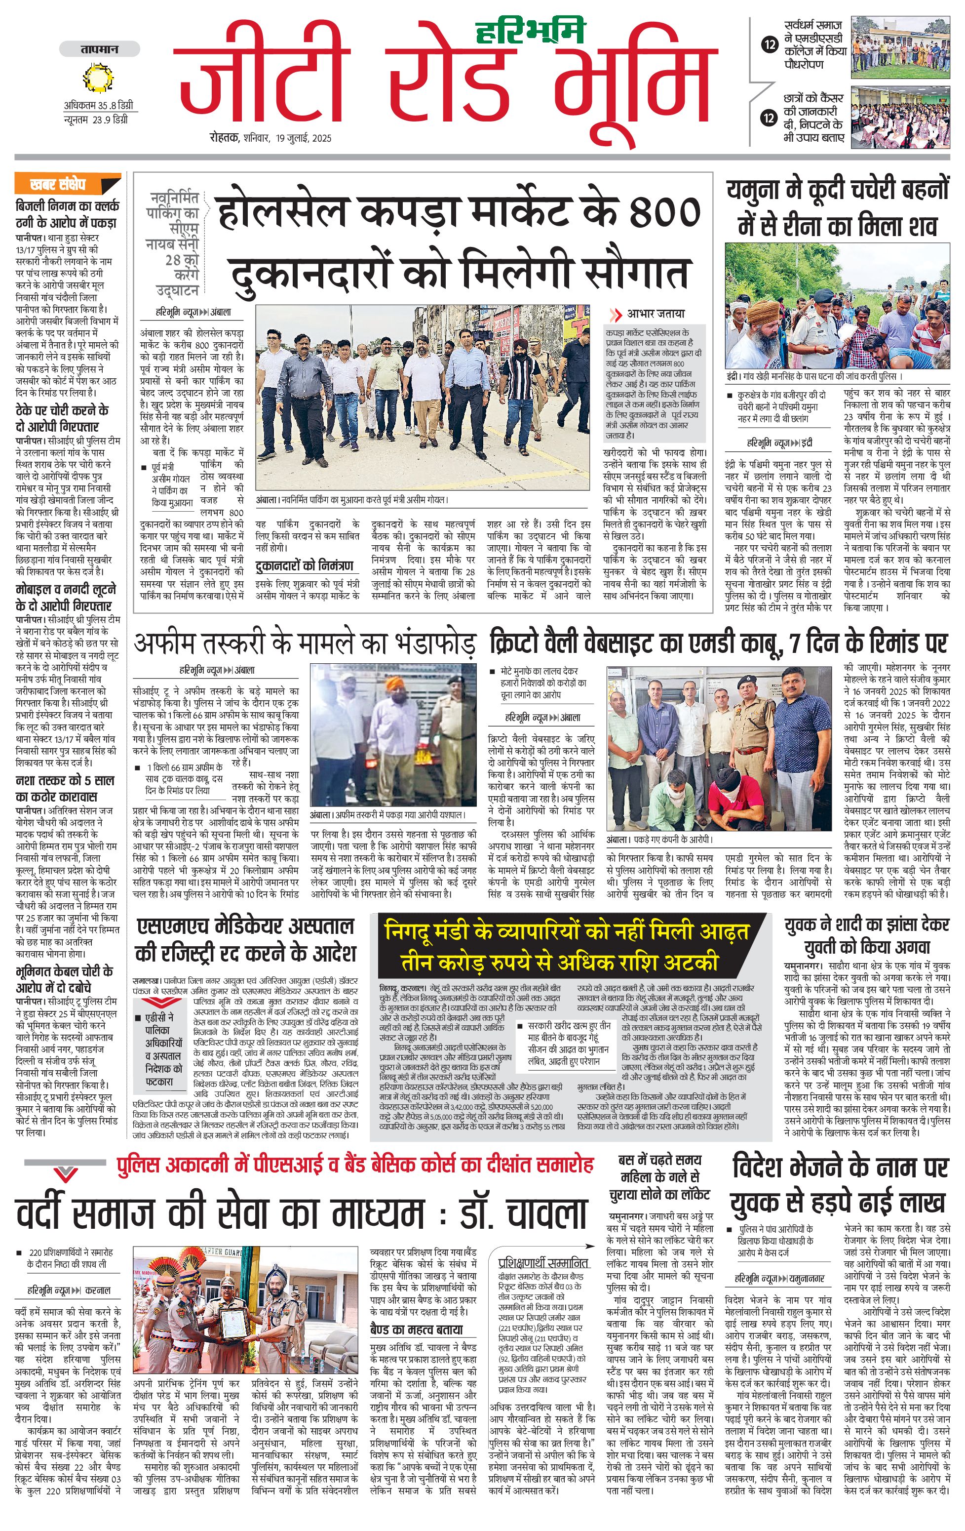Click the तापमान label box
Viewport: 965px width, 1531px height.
(99, 49)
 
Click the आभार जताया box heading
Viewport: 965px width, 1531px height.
(655, 314)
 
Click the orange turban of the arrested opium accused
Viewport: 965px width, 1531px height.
(394, 686)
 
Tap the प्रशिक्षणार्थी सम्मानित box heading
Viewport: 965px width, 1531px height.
(542, 1263)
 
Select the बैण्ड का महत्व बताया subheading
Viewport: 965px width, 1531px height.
(416, 1330)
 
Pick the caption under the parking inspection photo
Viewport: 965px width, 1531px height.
(352, 500)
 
